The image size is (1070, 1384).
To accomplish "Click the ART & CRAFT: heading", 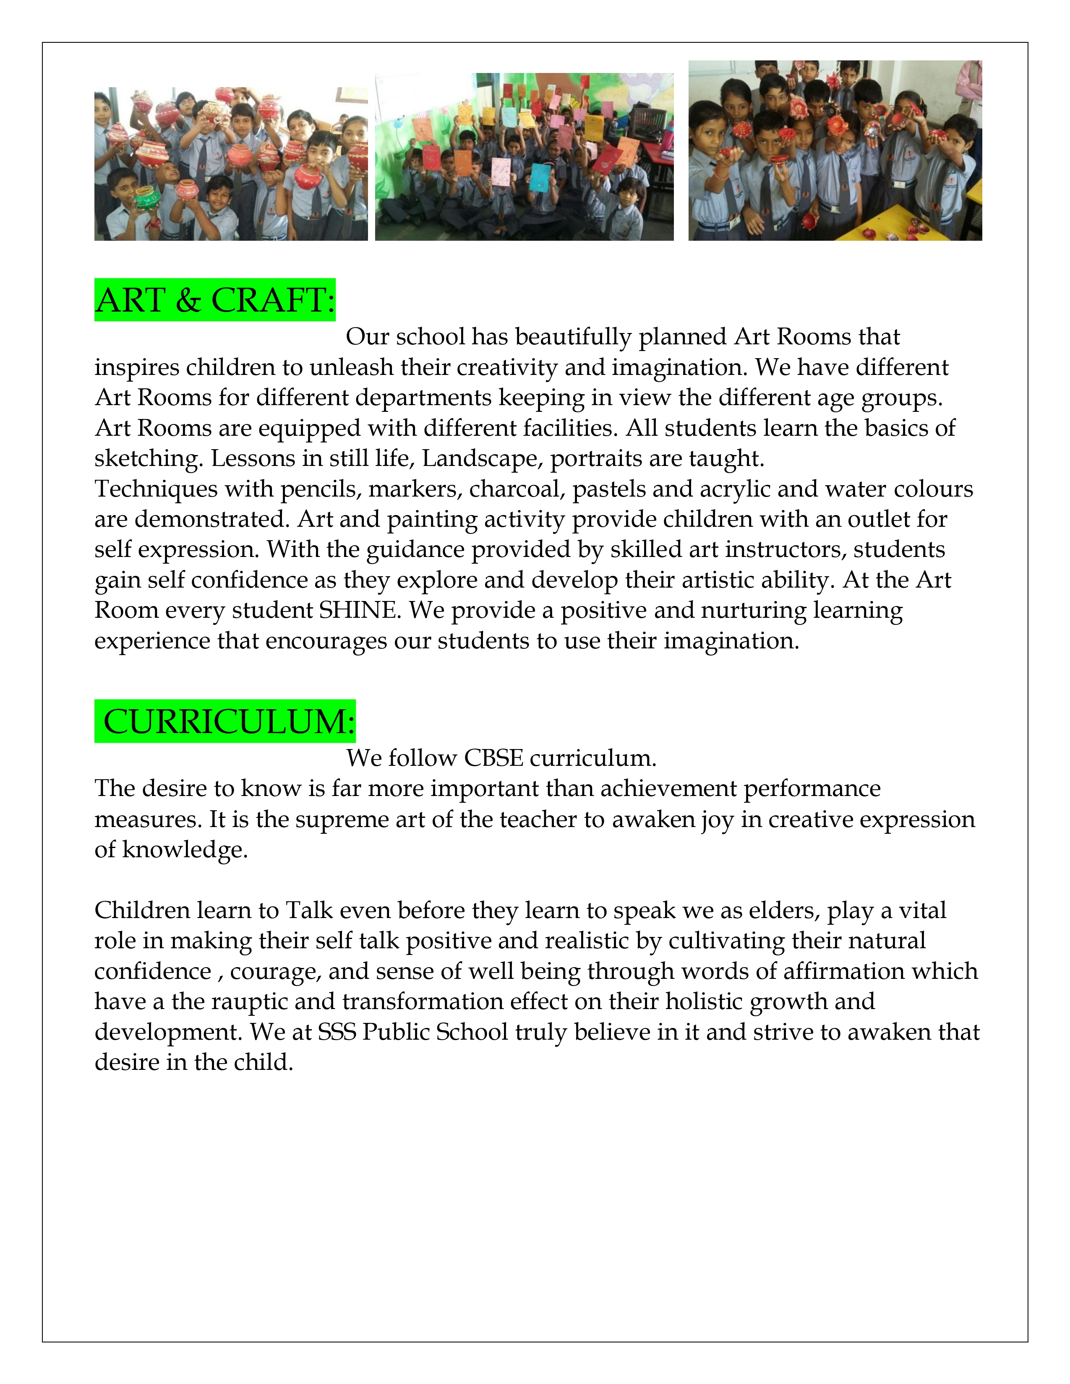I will [x=215, y=300].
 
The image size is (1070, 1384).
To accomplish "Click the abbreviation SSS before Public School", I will [x=337, y=1032].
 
